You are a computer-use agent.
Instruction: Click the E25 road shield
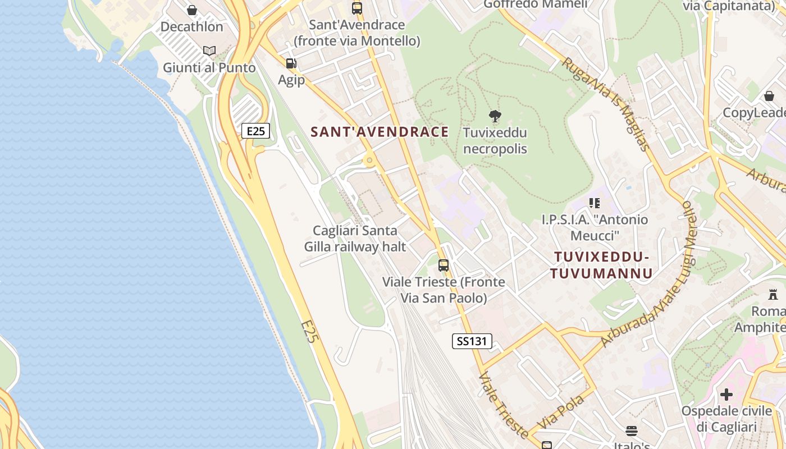(255, 131)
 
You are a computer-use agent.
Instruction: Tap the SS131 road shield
(472, 341)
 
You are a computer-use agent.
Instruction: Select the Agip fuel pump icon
(291, 64)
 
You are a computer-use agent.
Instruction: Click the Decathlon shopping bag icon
(192, 10)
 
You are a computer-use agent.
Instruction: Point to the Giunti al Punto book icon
(209, 51)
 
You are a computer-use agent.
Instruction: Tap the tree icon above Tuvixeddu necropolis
(495, 116)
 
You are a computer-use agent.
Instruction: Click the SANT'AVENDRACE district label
(380, 132)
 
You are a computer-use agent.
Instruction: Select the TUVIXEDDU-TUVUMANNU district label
(601, 265)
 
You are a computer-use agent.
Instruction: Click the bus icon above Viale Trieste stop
(444, 265)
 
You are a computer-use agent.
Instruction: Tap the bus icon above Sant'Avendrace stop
(357, 8)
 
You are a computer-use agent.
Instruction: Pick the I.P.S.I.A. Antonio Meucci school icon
(595, 203)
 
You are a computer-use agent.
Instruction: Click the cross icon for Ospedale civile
(726, 395)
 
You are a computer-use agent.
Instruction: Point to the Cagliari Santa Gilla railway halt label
(355, 239)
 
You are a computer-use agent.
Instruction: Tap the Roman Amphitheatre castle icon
(773, 295)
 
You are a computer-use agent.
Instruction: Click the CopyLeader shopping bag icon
(769, 96)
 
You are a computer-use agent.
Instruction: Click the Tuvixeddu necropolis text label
(495, 141)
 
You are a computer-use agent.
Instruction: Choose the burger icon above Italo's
(632, 431)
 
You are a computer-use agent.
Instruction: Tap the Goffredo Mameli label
(535, 4)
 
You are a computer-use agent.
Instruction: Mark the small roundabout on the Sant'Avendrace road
(369, 161)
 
